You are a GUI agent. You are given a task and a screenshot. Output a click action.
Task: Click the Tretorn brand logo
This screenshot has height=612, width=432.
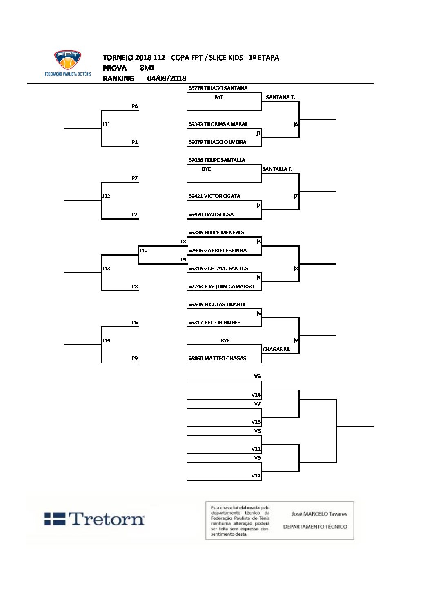tap(94, 519)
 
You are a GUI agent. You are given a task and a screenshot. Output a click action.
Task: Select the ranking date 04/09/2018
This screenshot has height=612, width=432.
tap(167, 78)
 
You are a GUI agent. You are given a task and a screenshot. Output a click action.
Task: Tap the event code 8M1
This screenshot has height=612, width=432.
tap(147, 68)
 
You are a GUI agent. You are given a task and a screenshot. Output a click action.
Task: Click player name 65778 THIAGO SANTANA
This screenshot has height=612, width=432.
tap(218, 88)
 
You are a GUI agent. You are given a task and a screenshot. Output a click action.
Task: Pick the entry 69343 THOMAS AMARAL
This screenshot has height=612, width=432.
tap(218, 124)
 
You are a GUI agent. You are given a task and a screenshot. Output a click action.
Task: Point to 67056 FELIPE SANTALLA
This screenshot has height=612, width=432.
tap(216, 160)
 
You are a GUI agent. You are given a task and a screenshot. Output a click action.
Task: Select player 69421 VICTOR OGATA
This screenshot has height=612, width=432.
tap(214, 196)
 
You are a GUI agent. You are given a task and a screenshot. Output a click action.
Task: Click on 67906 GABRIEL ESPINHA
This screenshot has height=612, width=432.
tap(217, 251)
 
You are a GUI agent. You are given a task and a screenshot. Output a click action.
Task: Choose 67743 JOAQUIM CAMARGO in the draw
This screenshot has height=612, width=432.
tap(221, 287)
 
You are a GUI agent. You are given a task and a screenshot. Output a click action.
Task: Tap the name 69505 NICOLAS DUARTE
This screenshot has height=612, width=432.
tap(217, 305)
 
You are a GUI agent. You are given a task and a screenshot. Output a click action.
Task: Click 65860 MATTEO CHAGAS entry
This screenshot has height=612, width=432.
tap(217, 359)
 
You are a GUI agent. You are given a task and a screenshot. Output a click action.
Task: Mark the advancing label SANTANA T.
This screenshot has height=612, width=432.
tap(280, 97)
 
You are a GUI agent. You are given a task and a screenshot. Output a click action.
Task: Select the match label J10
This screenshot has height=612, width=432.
tap(143, 251)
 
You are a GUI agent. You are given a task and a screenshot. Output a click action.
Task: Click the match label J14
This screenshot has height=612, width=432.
tap(106, 341)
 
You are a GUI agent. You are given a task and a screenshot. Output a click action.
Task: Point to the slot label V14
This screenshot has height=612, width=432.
tap(256, 395)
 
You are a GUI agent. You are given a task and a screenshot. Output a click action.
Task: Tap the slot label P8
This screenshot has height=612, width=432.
tap(134, 287)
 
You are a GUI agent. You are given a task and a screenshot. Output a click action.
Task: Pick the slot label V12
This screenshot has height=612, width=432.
tap(256, 476)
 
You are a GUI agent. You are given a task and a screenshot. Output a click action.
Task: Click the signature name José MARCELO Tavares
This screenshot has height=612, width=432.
tap(319, 514)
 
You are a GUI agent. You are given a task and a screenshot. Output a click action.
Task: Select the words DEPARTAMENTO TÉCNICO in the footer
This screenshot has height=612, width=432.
tap(315, 527)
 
